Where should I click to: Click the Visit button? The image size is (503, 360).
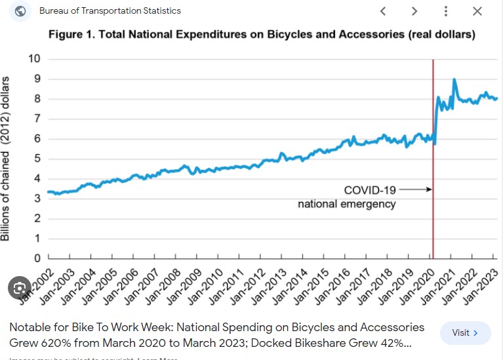[x=465, y=333]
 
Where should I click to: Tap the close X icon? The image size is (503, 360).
[x=477, y=11]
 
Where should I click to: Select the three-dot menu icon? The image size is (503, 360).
[x=446, y=11]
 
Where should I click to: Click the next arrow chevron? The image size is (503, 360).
[x=414, y=11]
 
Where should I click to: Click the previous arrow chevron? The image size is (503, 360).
[x=383, y=11]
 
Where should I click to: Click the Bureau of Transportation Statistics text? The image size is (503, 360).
[x=110, y=11]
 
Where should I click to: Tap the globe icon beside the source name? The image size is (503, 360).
[x=20, y=11]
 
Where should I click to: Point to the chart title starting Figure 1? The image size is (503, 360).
[x=262, y=34]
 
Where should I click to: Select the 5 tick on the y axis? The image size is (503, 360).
[x=37, y=159]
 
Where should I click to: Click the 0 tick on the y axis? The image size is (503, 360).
[x=37, y=258]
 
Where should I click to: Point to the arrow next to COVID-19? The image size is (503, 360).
[x=414, y=190]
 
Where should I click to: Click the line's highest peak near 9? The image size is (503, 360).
[x=454, y=79]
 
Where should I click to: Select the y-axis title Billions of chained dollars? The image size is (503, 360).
[x=6, y=159]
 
